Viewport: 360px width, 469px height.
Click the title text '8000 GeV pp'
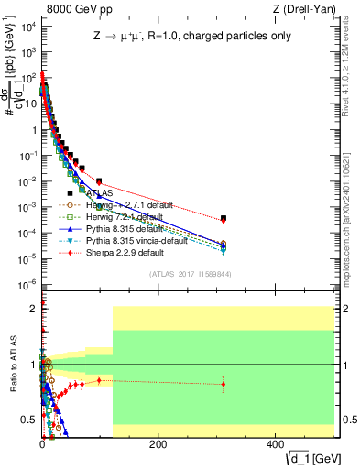[x=72, y=8]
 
